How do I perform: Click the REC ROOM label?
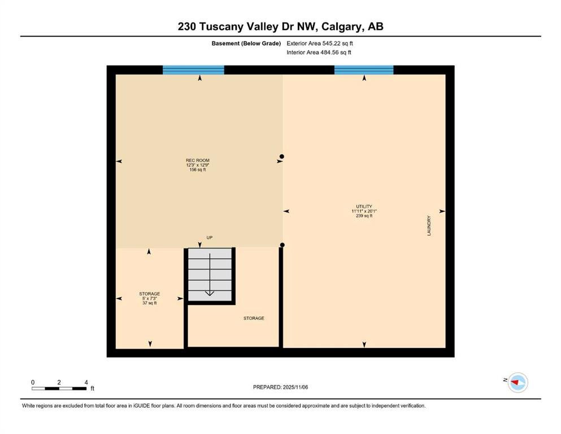(x=198, y=160)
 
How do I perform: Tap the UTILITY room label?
(x=364, y=206)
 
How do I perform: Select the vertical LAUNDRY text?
(x=429, y=225)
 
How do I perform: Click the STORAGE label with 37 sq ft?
(x=150, y=294)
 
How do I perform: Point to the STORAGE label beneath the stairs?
(x=254, y=318)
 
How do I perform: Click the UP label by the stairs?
(x=209, y=237)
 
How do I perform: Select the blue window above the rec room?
(x=194, y=70)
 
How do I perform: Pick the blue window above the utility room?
(x=364, y=70)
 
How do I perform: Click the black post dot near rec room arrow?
(x=282, y=157)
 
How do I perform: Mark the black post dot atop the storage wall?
(x=282, y=245)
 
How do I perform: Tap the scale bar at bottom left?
(x=59, y=389)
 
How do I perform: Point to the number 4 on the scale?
(x=86, y=382)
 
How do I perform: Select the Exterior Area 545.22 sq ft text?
(x=320, y=44)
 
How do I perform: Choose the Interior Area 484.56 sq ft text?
(x=319, y=52)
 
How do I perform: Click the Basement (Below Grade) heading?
(x=246, y=44)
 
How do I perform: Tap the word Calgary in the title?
(x=343, y=27)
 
